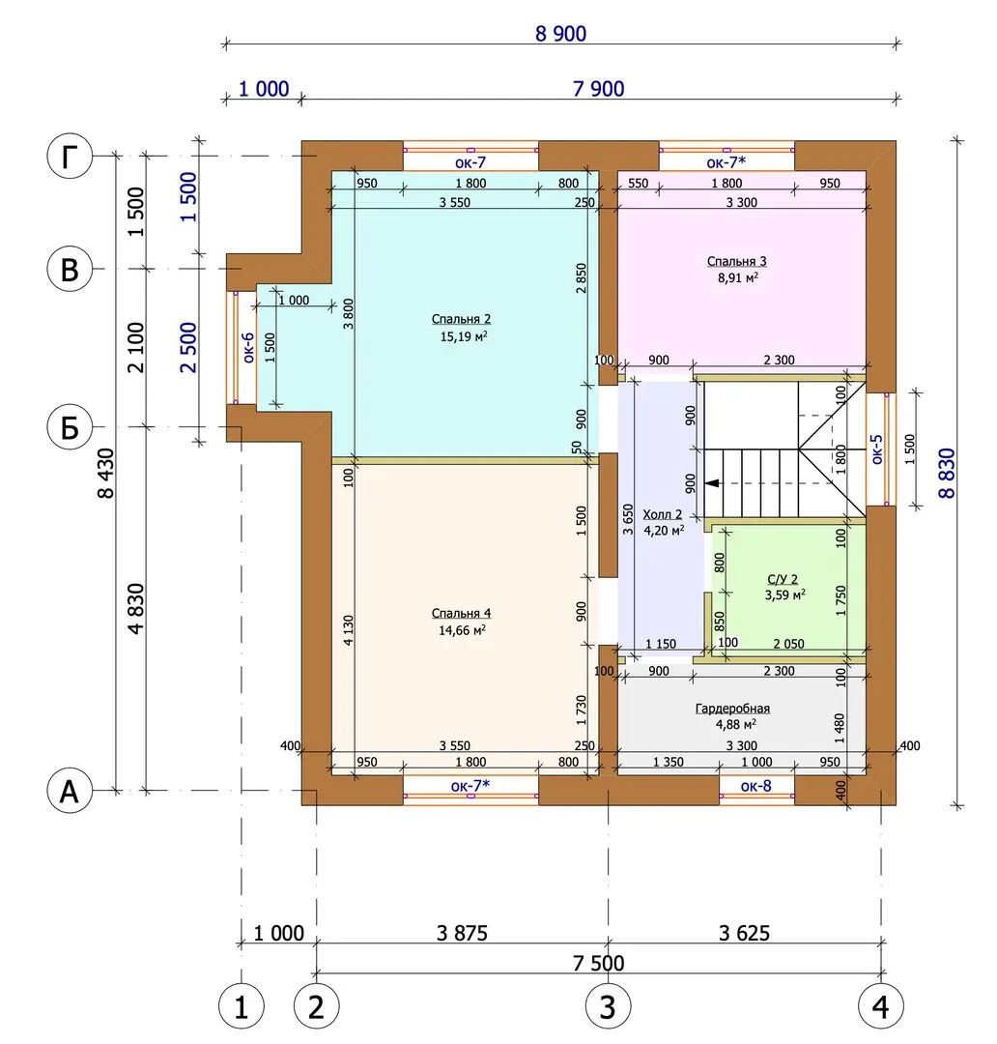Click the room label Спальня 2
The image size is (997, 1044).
click(x=461, y=319)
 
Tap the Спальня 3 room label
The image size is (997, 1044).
click(x=737, y=261)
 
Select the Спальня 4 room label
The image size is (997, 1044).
click(x=461, y=613)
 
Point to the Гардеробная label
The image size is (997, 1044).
click(x=732, y=709)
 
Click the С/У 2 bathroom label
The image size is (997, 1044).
click(x=783, y=579)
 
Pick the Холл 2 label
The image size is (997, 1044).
click(x=662, y=514)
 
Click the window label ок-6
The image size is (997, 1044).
click(x=248, y=348)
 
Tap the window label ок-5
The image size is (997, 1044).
click(x=877, y=449)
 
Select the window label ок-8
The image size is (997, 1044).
click(x=756, y=786)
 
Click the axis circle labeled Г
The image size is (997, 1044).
click(x=70, y=158)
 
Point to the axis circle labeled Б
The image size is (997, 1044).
click(x=70, y=427)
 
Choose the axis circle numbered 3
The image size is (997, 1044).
click(x=608, y=1007)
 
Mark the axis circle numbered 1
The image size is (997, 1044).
click(x=241, y=1007)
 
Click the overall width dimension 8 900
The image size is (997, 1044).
click(x=561, y=33)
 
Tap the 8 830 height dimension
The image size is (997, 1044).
click(x=947, y=474)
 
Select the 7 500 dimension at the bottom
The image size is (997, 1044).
click(x=599, y=963)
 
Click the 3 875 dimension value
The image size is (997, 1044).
click(x=462, y=933)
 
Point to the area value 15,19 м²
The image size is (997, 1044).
click(x=464, y=336)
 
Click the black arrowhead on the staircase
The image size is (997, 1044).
click(x=713, y=483)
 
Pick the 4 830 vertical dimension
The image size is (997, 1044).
click(x=135, y=609)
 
